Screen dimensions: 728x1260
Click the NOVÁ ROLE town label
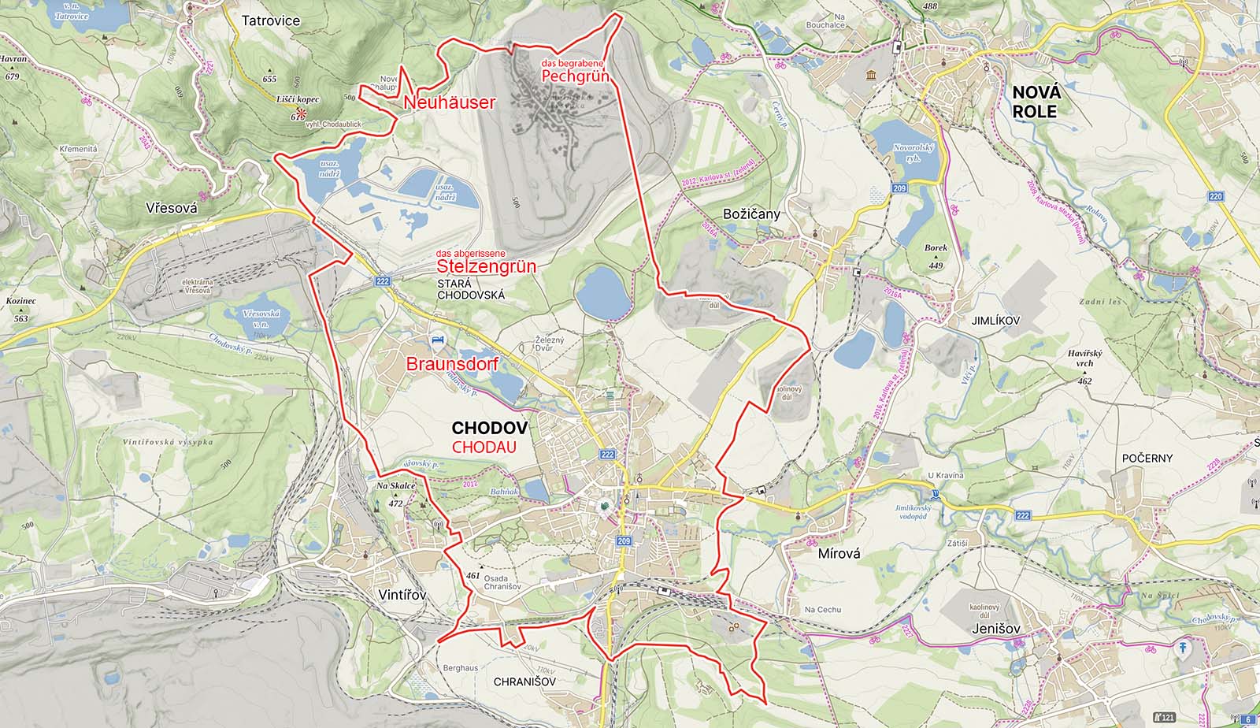click(1036, 102)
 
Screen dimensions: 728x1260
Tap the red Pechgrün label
click(576, 76)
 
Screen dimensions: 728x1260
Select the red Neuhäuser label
click(450, 102)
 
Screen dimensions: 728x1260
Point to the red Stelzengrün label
click(486, 266)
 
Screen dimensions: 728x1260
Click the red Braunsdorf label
click(452, 364)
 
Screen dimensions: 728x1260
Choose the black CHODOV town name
click(489, 428)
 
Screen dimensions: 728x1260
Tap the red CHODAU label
click(484, 447)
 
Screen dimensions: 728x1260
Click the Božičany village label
click(751, 214)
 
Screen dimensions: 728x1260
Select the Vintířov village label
click(402, 595)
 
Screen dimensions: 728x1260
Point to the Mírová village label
click(839, 553)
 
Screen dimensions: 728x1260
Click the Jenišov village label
click(995, 629)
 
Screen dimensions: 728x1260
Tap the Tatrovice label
click(271, 20)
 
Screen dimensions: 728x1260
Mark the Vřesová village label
click(171, 209)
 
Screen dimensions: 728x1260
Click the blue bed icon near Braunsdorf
click(435, 340)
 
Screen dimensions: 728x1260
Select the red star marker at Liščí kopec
click(302, 114)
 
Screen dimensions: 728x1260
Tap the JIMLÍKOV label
click(995, 321)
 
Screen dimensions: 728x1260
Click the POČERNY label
click(1147, 458)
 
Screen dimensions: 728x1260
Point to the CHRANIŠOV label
click(524, 681)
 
